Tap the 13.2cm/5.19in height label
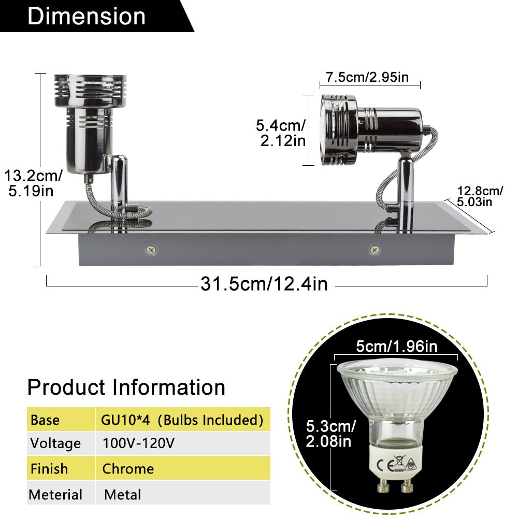tap(33, 183)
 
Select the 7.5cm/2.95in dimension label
tap(367, 77)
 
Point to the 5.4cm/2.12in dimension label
tap(281, 133)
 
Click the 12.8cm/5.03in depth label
tap(480, 196)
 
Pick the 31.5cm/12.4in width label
tap(264, 284)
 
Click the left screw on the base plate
tap(151, 250)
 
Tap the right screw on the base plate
tap(374, 250)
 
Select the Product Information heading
tap(126, 387)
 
